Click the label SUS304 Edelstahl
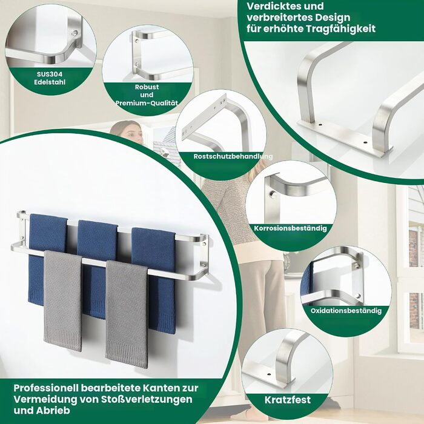pyautogui.click(x=50, y=78)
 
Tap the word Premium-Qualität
pyautogui.click(x=147, y=103)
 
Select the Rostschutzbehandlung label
pyautogui.click(x=233, y=156)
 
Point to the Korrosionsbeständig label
pyautogui.click(x=290, y=228)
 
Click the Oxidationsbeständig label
pyautogui.click(x=346, y=310)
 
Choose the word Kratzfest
pyautogui.click(x=288, y=400)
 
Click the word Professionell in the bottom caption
pyautogui.click(x=45, y=388)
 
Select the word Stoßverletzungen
pyautogui.click(x=147, y=399)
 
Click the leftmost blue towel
pyautogui.click(x=47, y=257)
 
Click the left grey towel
pyautogui.click(x=63, y=300)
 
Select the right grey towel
pyautogui.click(x=127, y=314)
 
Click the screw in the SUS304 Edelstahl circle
pyautogui.click(x=75, y=33)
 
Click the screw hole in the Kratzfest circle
pyautogui.click(x=269, y=375)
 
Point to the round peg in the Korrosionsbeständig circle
pyautogui.click(x=273, y=194)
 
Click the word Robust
pyautogui.click(x=147, y=87)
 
